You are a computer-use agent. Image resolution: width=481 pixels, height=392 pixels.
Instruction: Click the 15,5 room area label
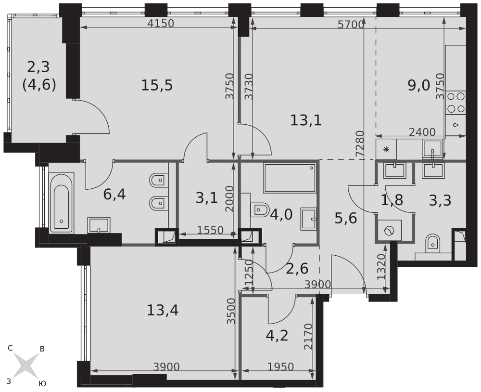point(157,85)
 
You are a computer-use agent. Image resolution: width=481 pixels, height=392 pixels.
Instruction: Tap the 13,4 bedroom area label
point(163,310)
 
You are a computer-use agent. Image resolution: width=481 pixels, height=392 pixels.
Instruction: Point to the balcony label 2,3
point(38,67)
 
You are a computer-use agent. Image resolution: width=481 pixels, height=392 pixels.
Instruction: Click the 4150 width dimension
point(161,23)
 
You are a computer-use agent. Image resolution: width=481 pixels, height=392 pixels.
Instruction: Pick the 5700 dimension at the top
point(351,25)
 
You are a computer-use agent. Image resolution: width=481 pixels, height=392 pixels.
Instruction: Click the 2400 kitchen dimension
point(422,132)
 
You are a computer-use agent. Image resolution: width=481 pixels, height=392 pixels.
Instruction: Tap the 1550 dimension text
point(210,230)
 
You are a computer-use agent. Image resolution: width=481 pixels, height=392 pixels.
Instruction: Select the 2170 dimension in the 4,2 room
point(308,337)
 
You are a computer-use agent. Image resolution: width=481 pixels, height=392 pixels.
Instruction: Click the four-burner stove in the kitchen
point(456,103)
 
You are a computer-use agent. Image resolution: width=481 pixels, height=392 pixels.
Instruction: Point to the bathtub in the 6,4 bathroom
point(62,203)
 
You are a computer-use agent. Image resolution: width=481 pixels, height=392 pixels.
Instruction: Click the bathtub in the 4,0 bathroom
point(290,178)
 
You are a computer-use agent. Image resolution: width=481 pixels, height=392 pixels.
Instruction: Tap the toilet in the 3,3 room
point(433,244)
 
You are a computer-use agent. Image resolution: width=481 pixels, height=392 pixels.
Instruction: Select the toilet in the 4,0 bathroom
point(260,210)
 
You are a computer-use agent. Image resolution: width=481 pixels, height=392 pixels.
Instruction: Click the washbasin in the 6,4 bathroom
point(99,225)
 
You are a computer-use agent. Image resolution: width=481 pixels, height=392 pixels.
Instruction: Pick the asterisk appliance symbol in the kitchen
point(386,150)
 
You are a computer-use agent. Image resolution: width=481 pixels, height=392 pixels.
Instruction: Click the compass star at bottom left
point(26,365)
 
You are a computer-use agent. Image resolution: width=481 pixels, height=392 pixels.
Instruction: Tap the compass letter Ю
point(43,383)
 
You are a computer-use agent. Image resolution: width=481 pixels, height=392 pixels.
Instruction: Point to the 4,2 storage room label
point(277,336)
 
